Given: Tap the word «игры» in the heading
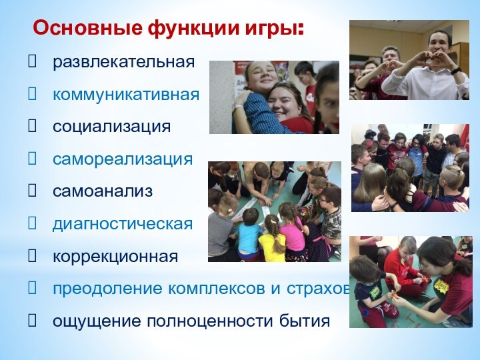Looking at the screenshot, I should (276, 30).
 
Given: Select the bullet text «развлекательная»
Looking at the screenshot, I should (124, 63).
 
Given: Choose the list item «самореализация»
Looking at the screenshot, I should (123, 159).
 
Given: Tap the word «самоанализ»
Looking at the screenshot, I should (103, 192).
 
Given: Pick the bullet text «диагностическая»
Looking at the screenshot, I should (123, 224).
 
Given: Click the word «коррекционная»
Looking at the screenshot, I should (115, 257).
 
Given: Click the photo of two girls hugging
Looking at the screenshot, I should (274, 97).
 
